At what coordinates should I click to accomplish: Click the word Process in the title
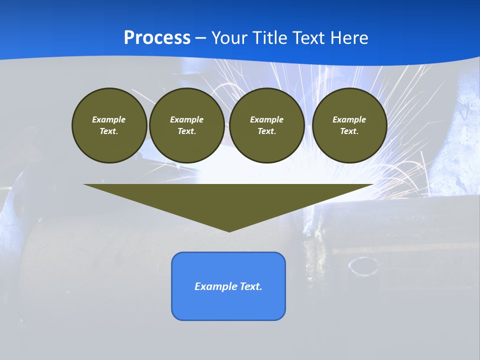point(157,38)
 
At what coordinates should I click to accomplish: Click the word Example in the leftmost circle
point(109,119)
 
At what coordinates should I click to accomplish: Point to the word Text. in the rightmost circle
point(349,131)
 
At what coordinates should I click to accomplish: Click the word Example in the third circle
point(266,119)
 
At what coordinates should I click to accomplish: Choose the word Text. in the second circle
point(187,131)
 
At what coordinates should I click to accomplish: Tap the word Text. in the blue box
point(251,286)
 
